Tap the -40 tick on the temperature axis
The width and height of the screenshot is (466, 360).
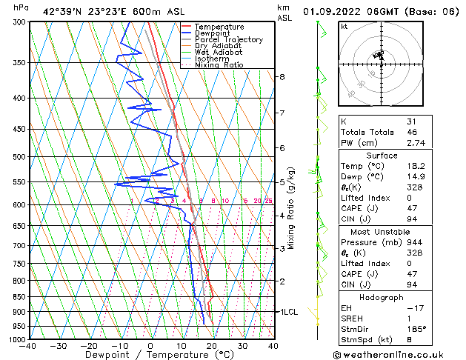point(29,345)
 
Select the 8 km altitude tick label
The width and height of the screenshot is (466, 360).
point(282,76)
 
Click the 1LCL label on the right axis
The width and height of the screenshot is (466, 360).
point(287,312)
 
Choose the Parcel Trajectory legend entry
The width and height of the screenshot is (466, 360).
point(228,40)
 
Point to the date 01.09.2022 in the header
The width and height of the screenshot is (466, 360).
point(331,11)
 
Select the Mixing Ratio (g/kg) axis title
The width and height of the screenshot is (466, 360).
point(291,207)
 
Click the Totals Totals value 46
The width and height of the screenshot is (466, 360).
point(411,131)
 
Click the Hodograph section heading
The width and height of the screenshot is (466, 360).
point(382,296)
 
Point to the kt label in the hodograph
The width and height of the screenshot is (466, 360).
point(344,27)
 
